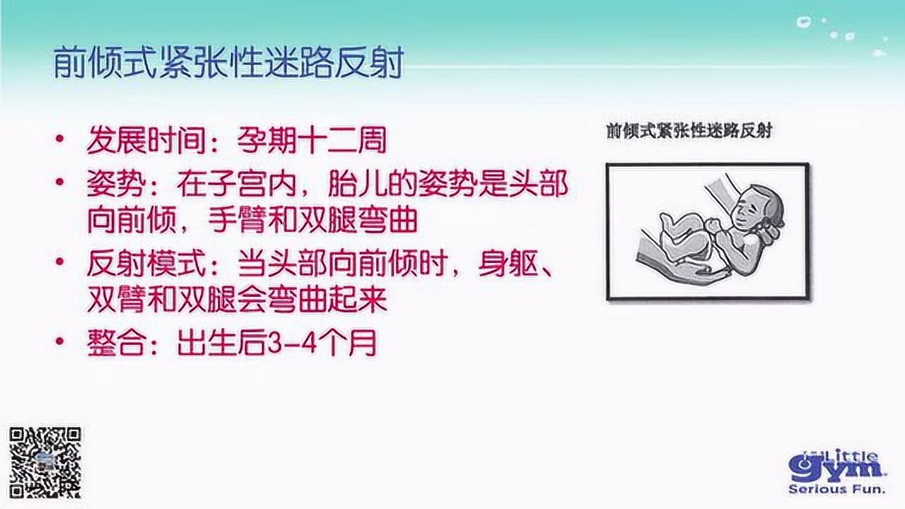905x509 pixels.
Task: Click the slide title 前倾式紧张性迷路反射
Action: click(x=228, y=63)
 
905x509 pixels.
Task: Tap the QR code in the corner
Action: click(x=45, y=462)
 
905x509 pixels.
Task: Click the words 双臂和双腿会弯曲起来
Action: click(x=237, y=302)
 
